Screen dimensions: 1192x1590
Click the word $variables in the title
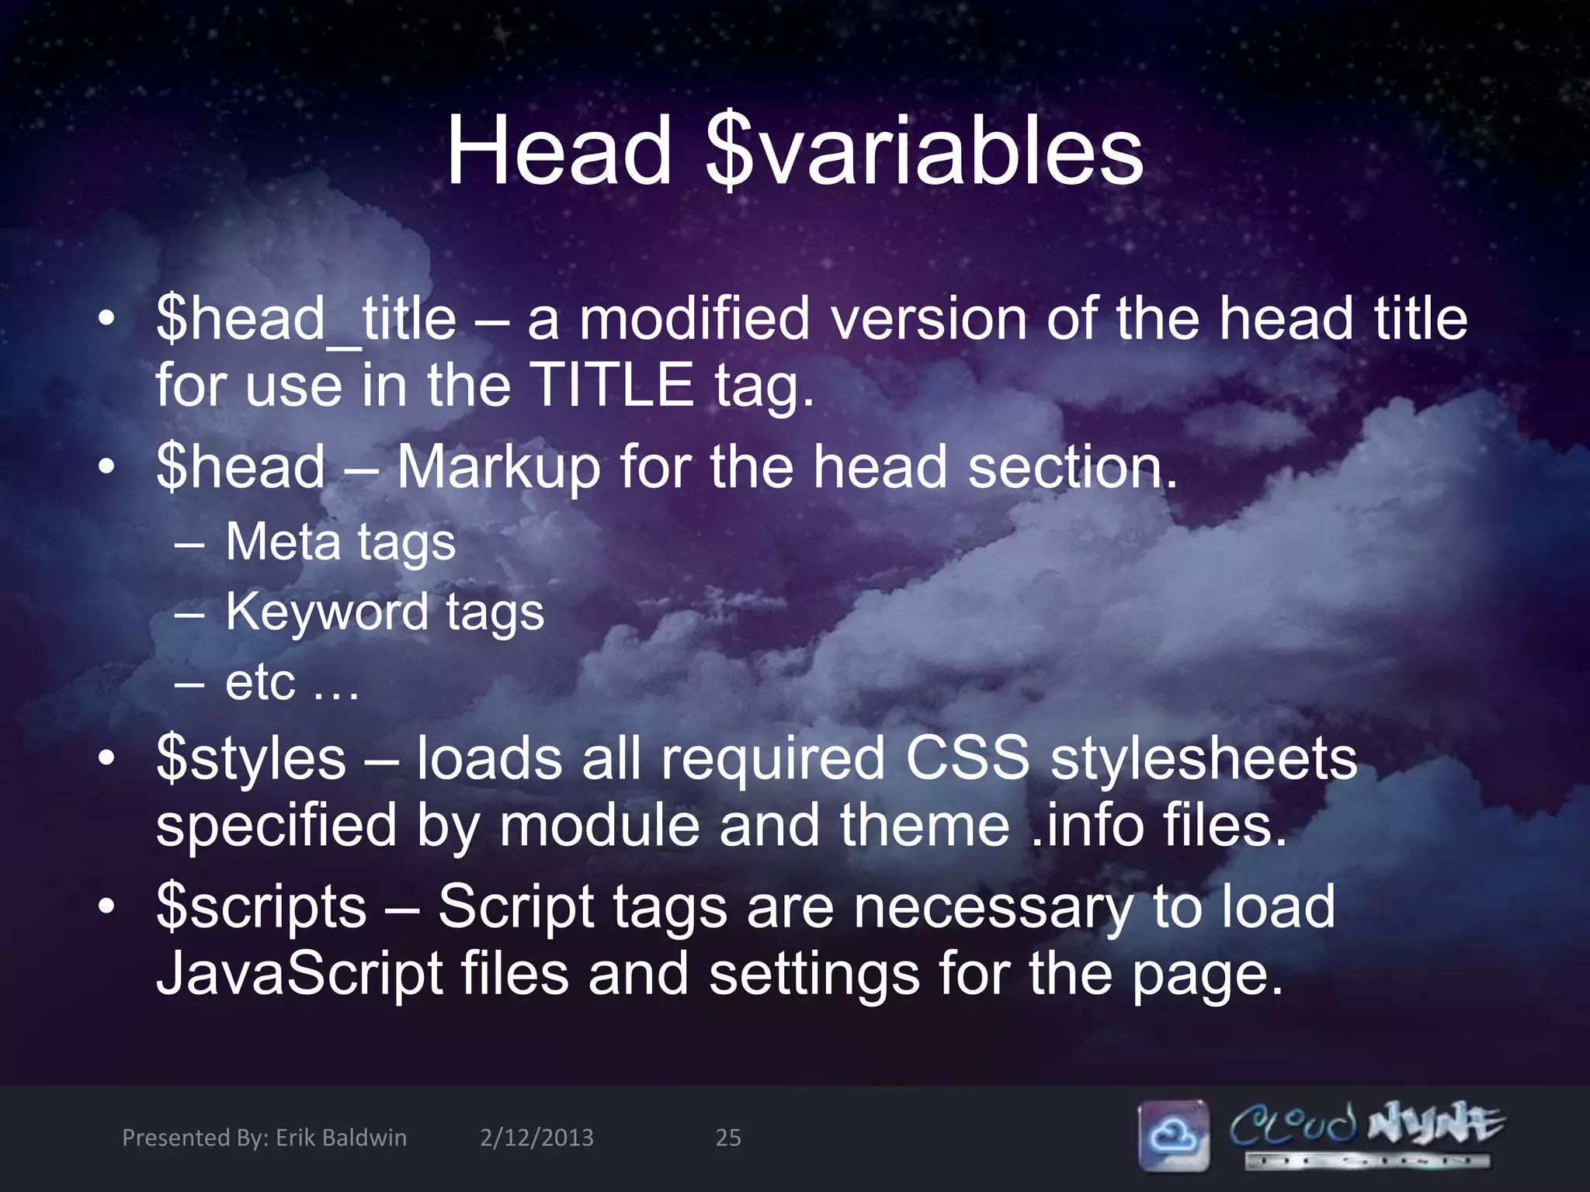click(925, 151)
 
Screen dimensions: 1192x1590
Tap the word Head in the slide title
click(559, 151)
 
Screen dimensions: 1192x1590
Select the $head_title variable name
click(306, 320)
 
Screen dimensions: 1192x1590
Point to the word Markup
click(498, 467)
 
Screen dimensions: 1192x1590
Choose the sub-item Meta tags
click(340, 542)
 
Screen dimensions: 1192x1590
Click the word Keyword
click(326, 612)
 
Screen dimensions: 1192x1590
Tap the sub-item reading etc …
click(292, 682)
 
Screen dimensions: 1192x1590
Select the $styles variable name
click(251, 757)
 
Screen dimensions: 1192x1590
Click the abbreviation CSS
click(967, 757)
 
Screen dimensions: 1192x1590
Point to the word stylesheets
click(1203, 757)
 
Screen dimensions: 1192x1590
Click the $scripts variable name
click(261, 906)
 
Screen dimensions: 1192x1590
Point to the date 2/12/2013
click(536, 1138)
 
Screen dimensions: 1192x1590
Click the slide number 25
click(727, 1138)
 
